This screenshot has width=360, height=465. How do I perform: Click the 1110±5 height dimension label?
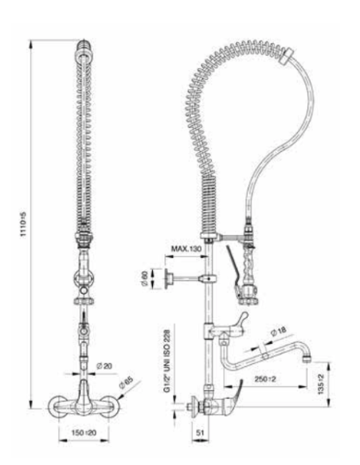[x=23, y=225]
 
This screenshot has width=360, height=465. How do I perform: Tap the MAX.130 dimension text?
[x=186, y=248]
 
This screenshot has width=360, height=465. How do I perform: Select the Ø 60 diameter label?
[x=145, y=278]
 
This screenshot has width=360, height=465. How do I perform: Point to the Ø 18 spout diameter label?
[x=279, y=331]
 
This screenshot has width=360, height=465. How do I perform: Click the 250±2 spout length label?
[x=265, y=379]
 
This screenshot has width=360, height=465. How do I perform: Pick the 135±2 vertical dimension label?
[x=321, y=384]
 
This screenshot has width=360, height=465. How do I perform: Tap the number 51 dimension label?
[x=201, y=432]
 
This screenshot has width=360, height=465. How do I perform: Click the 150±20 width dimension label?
[x=84, y=432]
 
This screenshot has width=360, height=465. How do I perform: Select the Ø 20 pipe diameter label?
[x=104, y=366]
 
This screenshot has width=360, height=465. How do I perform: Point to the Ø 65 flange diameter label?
[x=126, y=383]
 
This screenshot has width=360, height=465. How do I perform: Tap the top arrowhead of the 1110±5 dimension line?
[x=30, y=44]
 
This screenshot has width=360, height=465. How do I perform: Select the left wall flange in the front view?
[x=58, y=407]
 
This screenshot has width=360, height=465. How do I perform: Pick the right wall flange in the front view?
[x=111, y=407]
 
